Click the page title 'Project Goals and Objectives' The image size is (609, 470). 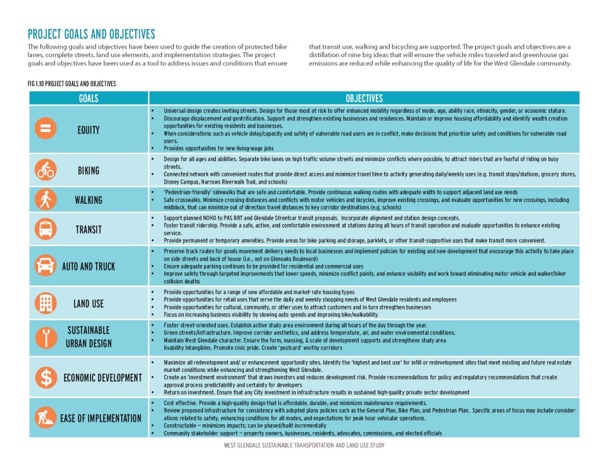coord(91,34)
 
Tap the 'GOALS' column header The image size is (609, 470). coord(89,98)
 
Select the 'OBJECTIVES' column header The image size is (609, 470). coord(364,98)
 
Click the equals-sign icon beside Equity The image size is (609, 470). coord(46,128)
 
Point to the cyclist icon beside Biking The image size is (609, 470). coord(46,170)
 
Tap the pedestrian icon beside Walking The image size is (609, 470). coord(46,200)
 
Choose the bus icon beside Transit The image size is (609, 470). coord(46,229)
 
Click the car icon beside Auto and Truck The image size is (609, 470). coord(46,266)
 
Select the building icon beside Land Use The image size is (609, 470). coord(46,303)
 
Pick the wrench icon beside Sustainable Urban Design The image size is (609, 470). coord(46,337)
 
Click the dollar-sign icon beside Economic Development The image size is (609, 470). coord(46,377)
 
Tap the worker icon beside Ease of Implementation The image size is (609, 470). coord(46,418)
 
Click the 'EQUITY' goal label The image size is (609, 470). coord(89,130)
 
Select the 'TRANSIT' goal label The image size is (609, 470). coord(89,229)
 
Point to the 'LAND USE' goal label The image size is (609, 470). coord(89,304)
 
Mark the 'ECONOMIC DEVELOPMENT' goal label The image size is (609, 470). coord(102,378)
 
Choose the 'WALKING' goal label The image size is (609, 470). coord(89,200)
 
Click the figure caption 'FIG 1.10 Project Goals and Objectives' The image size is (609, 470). coord(72,84)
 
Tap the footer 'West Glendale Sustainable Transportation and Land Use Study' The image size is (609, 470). coord(304,445)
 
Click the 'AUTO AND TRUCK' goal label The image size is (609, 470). coord(89,266)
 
